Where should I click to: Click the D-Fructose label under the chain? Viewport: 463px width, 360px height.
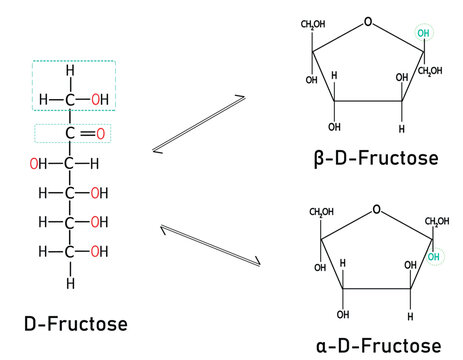(x=76, y=324)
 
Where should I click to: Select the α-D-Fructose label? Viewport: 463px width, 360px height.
(x=377, y=344)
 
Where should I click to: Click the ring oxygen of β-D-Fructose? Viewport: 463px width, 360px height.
(x=368, y=20)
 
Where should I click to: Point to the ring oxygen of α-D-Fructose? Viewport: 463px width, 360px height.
(x=375, y=210)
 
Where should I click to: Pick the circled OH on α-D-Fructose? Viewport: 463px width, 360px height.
(x=433, y=257)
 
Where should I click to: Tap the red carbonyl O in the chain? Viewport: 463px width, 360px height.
(x=100, y=133)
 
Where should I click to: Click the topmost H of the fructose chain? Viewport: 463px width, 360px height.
(x=70, y=71)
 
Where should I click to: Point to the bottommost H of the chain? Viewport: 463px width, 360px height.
(x=70, y=284)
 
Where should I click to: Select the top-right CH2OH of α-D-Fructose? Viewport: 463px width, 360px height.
(x=438, y=221)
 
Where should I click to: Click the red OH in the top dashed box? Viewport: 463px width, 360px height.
(x=100, y=99)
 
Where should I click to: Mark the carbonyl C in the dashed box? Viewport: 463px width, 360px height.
(x=70, y=133)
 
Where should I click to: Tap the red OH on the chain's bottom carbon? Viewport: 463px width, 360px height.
(x=100, y=251)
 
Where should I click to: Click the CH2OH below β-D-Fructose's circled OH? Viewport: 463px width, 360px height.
(x=431, y=70)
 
